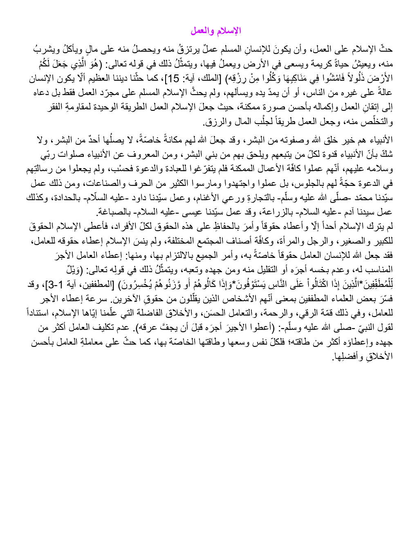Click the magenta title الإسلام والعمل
[215, 31]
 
